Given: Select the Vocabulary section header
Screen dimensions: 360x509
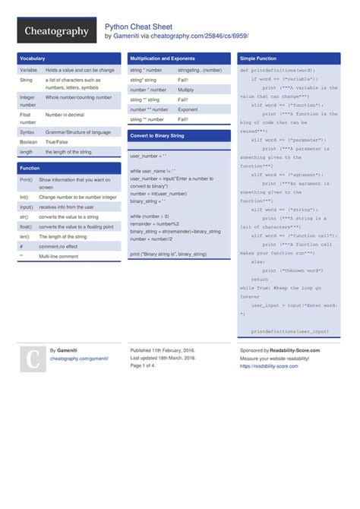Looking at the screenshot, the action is [x=33, y=58].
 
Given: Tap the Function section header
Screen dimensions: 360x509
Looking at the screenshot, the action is [x=30, y=168].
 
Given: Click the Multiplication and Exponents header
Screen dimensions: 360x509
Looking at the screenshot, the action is [x=163, y=58].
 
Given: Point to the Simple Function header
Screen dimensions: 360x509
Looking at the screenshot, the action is [x=258, y=58].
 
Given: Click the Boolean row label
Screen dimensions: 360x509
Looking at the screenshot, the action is [x=28, y=141].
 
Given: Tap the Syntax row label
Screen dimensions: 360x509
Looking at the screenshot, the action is [x=27, y=131].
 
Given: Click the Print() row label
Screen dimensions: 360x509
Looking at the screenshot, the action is [x=26, y=180].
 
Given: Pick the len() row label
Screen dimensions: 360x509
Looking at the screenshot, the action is [x=25, y=236].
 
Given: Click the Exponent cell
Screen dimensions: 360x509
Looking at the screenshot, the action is [x=188, y=109].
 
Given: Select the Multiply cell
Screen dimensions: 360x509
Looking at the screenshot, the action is [x=186, y=90].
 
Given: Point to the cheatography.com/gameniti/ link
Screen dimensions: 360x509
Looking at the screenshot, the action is [x=79, y=358].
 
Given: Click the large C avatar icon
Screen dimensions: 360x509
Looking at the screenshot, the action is [x=33, y=359].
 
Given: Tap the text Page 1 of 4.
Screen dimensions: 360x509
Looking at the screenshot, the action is [x=143, y=365].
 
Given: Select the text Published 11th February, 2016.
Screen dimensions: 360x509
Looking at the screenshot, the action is [x=163, y=350].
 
